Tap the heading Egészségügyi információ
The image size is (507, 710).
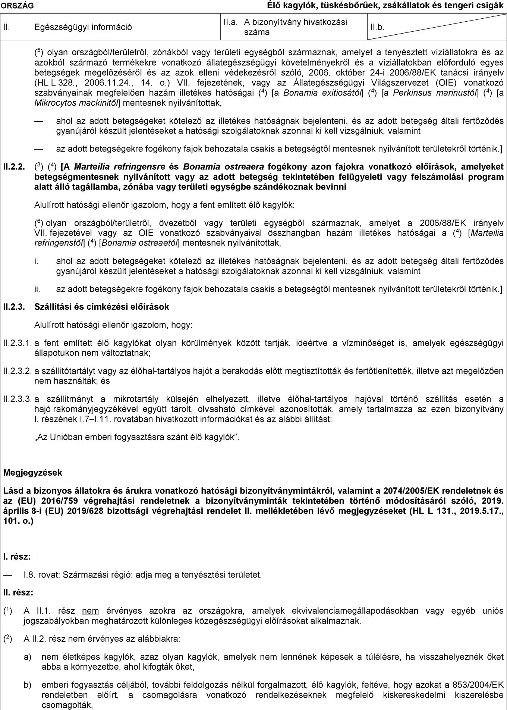click(83, 27)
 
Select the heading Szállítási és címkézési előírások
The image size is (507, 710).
click(101, 307)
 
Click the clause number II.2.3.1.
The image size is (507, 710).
click(17, 343)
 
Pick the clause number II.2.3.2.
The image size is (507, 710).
click(17, 371)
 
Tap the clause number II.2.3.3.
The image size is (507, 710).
click(17, 400)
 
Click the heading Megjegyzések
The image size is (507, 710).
click(32, 473)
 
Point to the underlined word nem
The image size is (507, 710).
click(91, 611)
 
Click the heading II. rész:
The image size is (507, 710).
click(18, 592)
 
